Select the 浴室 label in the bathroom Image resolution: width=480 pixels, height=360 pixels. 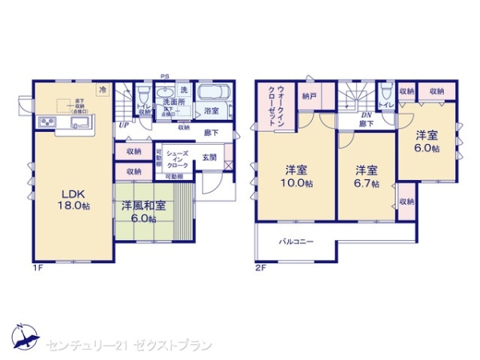[x=212, y=110]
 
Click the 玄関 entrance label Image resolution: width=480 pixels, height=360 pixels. [x=210, y=157]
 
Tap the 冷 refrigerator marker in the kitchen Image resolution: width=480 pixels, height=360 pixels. [x=102, y=90]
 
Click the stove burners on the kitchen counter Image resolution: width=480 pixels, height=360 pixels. [x=45, y=122]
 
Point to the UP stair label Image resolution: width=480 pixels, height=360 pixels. [x=123, y=125]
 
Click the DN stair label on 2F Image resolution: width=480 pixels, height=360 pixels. [x=365, y=115]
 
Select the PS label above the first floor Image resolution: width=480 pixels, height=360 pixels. [x=163, y=78]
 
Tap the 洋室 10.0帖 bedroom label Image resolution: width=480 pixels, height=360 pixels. [x=297, y=175]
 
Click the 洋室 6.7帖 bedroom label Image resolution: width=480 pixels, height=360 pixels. [x=366, y=175]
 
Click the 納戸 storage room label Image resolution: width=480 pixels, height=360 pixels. [x=309, y=95]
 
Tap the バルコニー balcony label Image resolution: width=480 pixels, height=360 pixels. [x=296, y=241]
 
